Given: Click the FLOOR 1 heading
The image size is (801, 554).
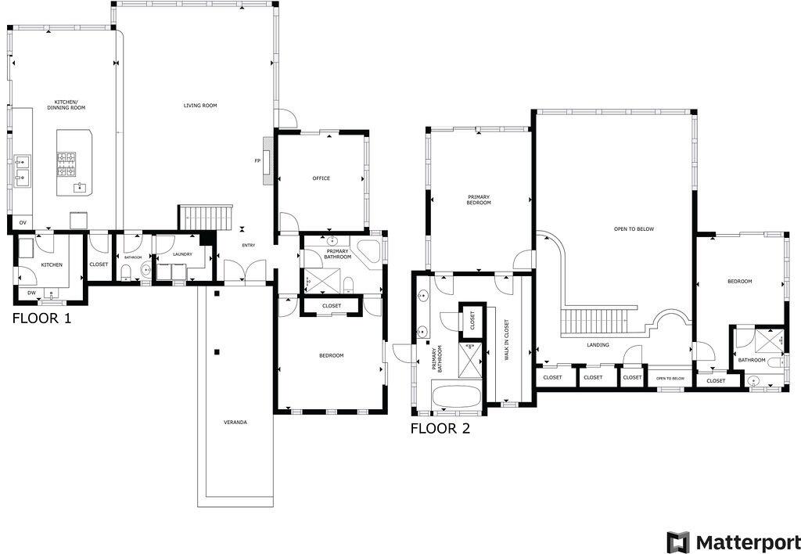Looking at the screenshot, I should click(41, 318).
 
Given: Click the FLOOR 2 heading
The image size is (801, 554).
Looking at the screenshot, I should click(440, 428).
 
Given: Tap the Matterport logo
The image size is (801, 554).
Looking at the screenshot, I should click(733, 541).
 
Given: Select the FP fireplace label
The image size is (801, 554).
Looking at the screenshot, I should click(257, 161).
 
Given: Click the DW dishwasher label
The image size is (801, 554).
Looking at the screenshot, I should click(31, 293).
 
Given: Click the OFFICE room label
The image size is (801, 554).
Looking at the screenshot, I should click(321, 178).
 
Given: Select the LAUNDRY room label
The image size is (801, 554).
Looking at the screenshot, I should click(182, 254).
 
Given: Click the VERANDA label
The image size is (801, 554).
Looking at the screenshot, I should click(235, 422).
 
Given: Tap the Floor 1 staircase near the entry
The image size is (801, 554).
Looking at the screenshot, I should click(207, 217).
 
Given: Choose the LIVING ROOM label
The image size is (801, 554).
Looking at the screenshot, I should click(200, 106).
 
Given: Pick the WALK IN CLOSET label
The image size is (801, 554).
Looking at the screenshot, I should click(506, 340).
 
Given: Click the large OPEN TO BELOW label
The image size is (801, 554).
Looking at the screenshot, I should click(634, 229).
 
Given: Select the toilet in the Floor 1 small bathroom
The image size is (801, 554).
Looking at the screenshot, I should click(127, 272).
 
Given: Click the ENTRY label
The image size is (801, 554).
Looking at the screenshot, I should click(249, 246).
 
